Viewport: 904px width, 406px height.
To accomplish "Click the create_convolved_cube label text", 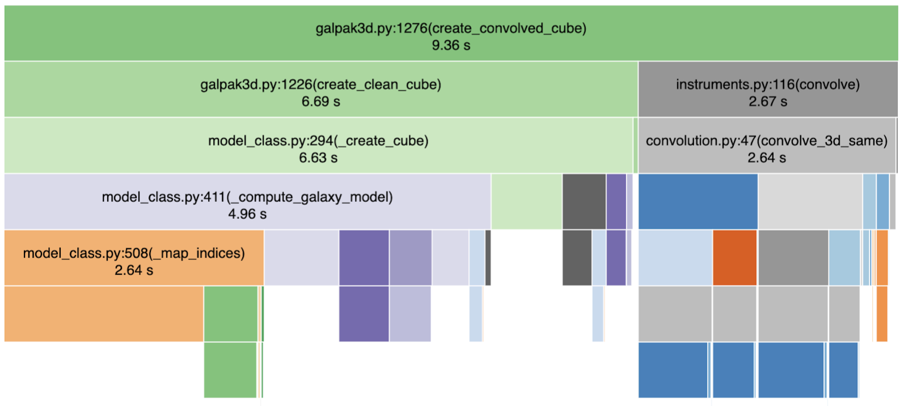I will point(451,28).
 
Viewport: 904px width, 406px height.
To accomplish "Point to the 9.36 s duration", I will point(451,45).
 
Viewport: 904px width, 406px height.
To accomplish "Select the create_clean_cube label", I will point(320,84).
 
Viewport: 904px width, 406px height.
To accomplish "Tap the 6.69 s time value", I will point(320,102).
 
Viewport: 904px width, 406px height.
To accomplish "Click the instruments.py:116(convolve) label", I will point(767,84).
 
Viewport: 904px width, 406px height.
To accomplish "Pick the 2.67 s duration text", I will point(767,102).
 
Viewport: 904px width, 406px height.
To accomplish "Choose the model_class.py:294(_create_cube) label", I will point(318,141).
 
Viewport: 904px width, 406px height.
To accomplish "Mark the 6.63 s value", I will point(318,158).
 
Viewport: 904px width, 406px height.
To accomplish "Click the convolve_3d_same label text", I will point(766,141).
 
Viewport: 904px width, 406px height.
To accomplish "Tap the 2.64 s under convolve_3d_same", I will point(766,158).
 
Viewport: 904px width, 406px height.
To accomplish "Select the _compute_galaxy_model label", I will point(247,197).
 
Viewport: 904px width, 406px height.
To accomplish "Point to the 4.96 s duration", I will point(247,214).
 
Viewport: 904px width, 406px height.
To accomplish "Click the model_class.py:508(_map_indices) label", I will point(134,253).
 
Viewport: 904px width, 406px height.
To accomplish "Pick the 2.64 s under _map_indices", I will point(134,270).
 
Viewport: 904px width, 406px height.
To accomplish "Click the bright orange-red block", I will point(734,257).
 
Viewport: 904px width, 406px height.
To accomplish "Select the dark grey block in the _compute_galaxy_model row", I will point(584,201).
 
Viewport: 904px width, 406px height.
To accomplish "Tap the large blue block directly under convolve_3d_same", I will point(698,201).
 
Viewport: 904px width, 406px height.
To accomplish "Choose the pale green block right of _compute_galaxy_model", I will point(526,201).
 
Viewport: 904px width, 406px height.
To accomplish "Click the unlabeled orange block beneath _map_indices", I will point(103,314).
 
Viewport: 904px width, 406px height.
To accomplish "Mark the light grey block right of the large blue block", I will point(810,201).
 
